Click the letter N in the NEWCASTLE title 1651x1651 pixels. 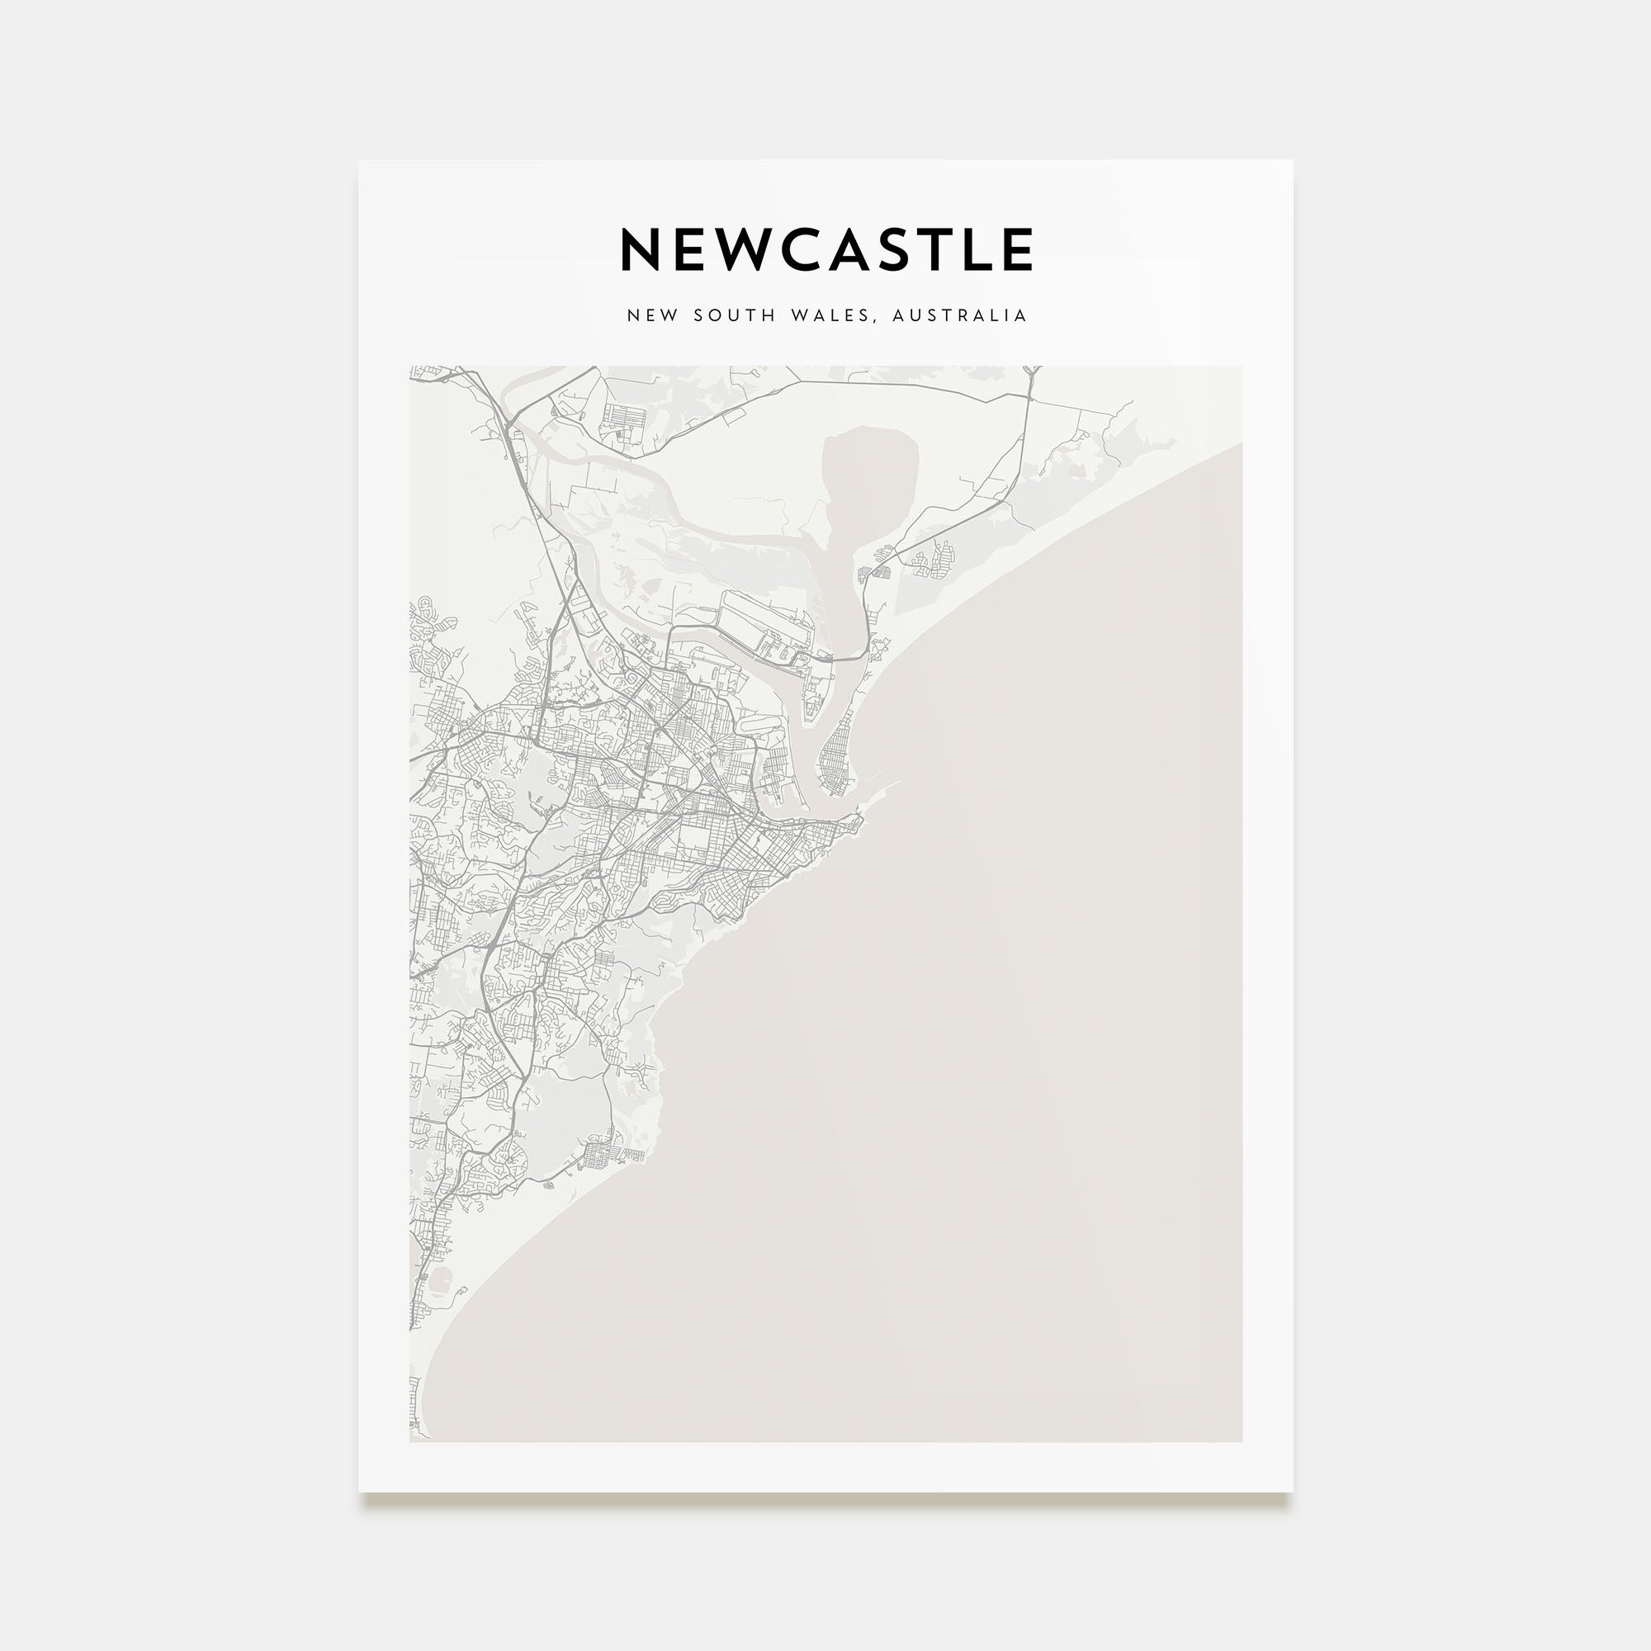click(x=639, y=249)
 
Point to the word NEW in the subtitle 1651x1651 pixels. click(x=653, y=315)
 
